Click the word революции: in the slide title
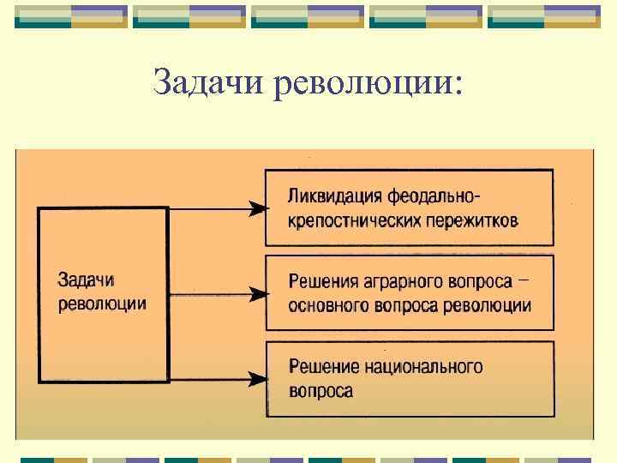click(368, 83)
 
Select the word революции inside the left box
click(101, 303)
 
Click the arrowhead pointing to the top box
click(256, 208)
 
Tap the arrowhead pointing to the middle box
click(256, 294)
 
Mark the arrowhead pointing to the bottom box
click(256, 378)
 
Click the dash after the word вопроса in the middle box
click(524, 278)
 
